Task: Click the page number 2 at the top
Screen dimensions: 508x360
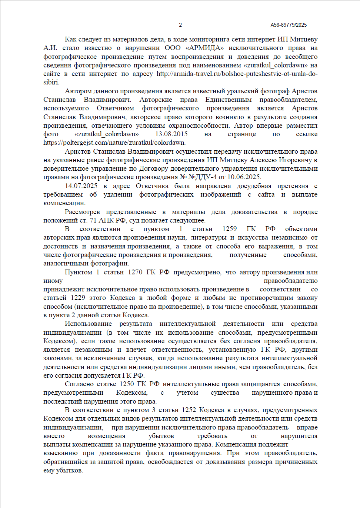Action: pyautogui.click(x=180, y=25)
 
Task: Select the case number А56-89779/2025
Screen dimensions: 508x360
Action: pyautogui.click(x=289, y=25)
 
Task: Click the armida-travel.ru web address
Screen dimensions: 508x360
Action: pyautogui.click(x=237, y=74)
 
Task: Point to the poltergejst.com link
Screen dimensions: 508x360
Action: pyautogui.click(x=114, y=143)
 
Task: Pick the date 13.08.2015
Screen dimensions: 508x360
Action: pyautogui.click(x=171, y=134)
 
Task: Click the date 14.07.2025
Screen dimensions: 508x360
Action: pyautogui.click(x=81, y=186)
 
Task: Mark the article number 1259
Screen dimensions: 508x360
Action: pyautogui.click(x=230, y=229)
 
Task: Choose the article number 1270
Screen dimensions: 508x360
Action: pyautogui.click(x=135, y=272)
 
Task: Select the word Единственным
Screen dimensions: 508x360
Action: pyautogui.click(x=229, y=100)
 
